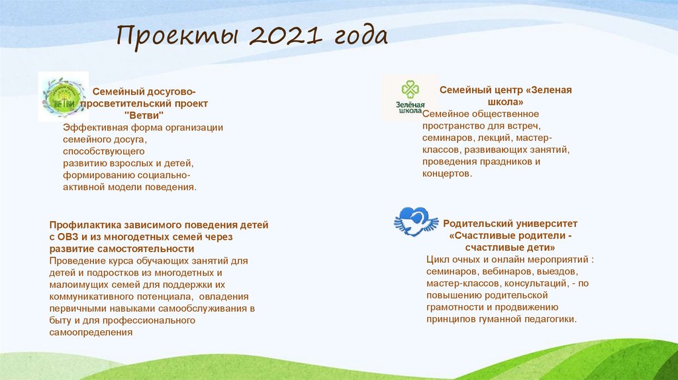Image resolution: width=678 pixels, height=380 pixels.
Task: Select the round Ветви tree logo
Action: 63,96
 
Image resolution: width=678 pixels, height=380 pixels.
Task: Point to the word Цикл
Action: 438,260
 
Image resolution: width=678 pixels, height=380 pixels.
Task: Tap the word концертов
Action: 447,173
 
